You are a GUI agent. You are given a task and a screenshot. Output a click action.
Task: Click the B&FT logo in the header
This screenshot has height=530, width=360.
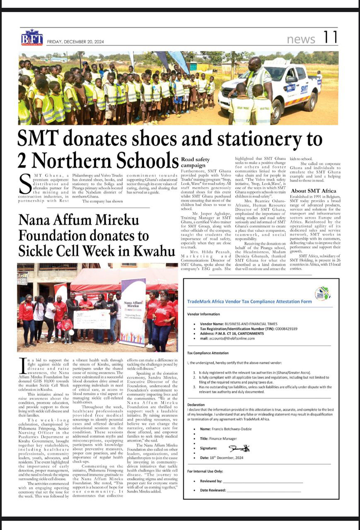click(32, 38)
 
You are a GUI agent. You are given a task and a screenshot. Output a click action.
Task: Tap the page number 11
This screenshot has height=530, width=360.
click(331, 38)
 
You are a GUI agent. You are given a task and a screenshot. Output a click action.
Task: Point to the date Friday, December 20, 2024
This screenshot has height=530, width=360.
click(75, 42)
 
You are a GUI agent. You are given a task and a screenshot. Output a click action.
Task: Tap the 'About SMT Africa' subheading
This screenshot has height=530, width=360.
click(313, 191)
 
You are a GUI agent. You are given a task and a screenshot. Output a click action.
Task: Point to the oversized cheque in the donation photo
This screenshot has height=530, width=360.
click(92, 319)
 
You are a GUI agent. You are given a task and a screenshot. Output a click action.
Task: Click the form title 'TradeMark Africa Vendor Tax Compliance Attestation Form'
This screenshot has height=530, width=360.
click(249, 301)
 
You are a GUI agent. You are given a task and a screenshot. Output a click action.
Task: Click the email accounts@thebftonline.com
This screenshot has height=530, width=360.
click(233, 338)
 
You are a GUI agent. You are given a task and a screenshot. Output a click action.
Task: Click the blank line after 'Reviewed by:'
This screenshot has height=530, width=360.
click(263, 482)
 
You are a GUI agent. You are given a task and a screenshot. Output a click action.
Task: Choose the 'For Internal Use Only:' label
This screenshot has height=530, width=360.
click(205, 471)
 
